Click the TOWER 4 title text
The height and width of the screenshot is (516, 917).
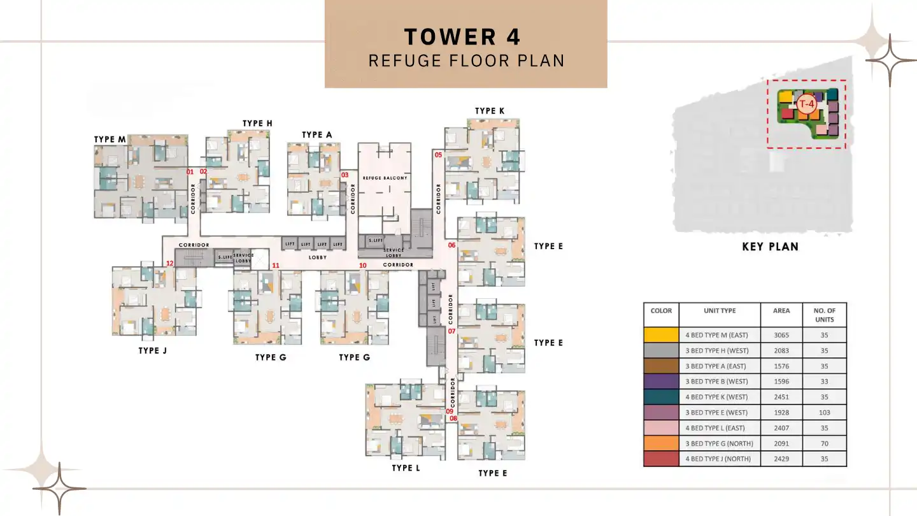click(x=462, y=36)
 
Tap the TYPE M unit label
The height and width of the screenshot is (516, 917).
click(x=110, y=140)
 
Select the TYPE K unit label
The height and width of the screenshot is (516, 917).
click(x=490, y=111)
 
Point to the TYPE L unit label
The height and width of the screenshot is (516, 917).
click(x=406, y=468)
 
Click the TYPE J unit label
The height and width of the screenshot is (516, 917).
click(x=153, y=350)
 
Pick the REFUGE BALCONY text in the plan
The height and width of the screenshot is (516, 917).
click(x=385, y=178)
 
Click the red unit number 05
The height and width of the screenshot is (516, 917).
click(x=438, y=155)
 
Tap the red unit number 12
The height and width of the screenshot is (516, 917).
click(x=169, y=263)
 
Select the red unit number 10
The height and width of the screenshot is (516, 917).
click(x=363, y=265)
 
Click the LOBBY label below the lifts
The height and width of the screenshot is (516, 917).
click(x=317, y=257)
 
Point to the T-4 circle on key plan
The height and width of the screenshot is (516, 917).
click(x=807, y=104)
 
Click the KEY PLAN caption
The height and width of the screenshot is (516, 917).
click(x=770, y=247)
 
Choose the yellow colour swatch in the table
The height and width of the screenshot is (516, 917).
click(x=661, y=335)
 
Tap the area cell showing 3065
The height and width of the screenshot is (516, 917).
click(x=781, y=335)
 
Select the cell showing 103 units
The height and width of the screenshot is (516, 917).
click(x=825, y=413)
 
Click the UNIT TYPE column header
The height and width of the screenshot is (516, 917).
click(x=720, y=311)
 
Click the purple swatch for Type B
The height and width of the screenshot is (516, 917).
click(x=661, y=382)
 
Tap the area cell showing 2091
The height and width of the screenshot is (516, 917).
click(x=781, y=443)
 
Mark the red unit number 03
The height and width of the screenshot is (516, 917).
click(x=345, y=175)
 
